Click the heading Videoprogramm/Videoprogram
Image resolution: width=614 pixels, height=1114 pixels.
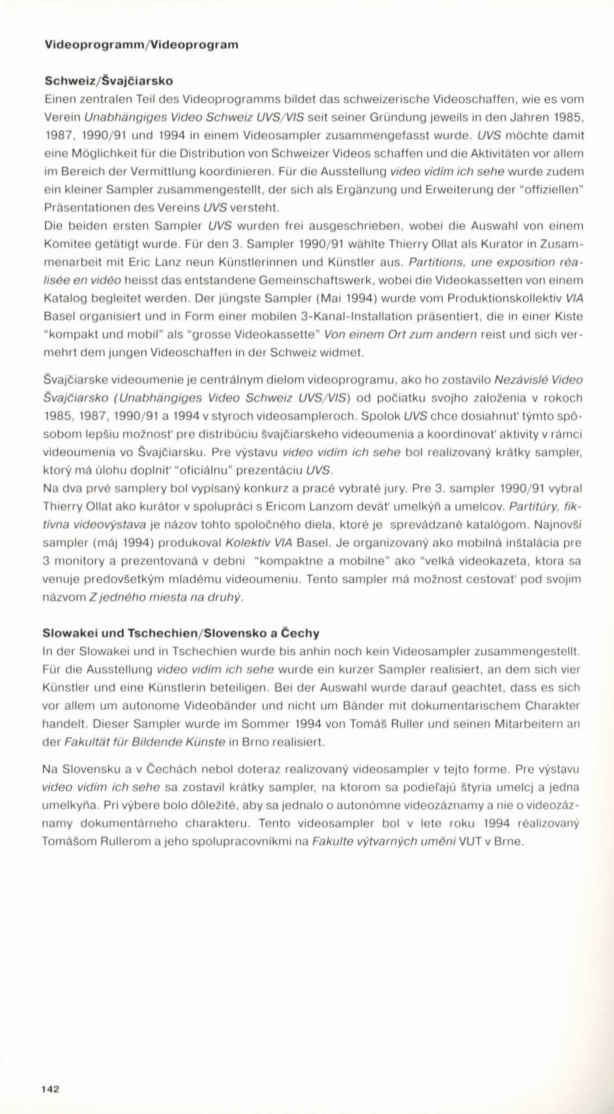pyautogui.click(x=142, y=45)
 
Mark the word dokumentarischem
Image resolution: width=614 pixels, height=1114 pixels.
pyautogui.click(x=465, y=706)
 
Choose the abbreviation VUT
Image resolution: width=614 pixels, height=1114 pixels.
pyautogui.click(x=470, y=842)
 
